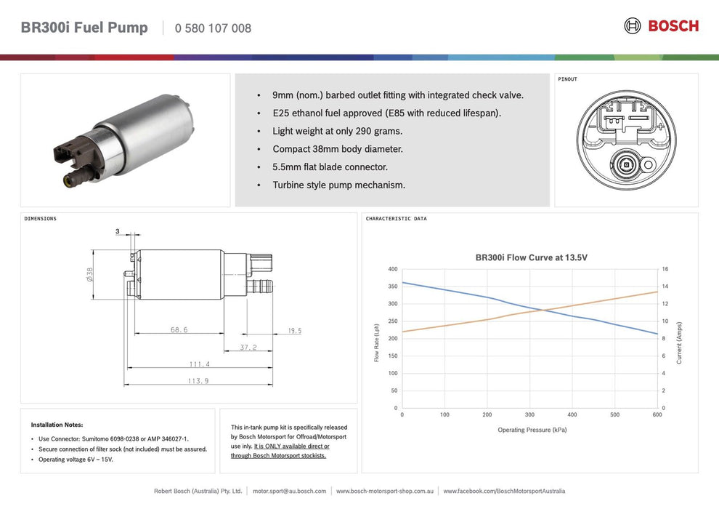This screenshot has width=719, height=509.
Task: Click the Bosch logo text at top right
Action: coord(673,26)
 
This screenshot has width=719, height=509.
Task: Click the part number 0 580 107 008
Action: coord(213,28)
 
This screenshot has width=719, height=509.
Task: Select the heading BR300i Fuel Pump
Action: coord(84,28)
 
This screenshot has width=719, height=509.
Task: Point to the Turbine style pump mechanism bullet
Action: coord(338,185)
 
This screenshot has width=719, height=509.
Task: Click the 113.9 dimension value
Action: coord(198,381)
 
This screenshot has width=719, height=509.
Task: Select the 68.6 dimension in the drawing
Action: coord(179,329)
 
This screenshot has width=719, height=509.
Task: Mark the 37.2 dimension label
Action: coord(248,348)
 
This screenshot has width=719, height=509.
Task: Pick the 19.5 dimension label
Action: coord(294,331)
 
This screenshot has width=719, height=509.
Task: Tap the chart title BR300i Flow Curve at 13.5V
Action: coord(531,257)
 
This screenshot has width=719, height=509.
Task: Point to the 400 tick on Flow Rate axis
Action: coord(392,269)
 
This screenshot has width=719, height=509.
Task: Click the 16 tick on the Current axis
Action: coord(665,269)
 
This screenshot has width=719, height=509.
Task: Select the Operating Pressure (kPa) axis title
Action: coord(532,430)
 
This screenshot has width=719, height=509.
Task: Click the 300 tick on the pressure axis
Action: coord(529,415)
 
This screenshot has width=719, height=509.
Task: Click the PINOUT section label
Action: coord(567,79)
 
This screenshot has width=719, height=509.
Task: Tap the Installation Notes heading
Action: coord(57,425)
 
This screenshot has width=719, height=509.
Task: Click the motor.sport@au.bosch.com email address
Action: coord(289,492)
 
